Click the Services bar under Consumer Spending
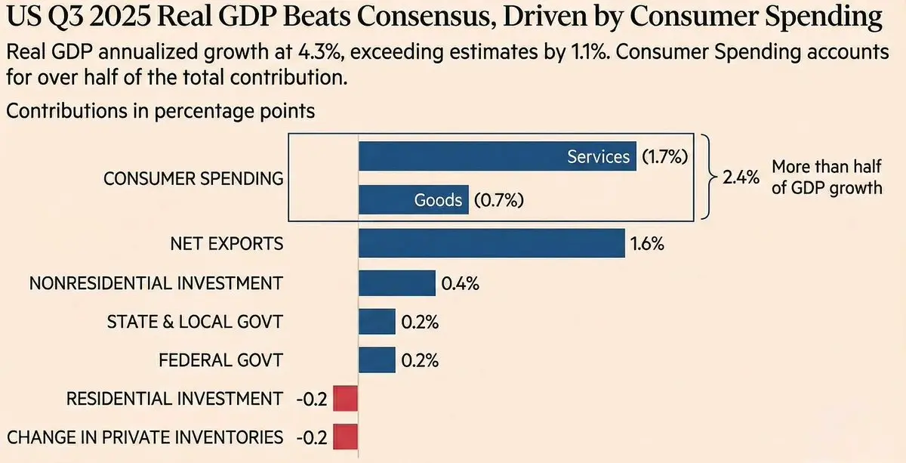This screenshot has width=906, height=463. (497, 156)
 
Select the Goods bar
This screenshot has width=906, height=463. (413, 200)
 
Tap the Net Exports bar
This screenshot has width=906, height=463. (492, 244)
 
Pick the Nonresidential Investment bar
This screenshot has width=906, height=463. (396, 283)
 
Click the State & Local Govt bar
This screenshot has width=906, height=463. (377, 322)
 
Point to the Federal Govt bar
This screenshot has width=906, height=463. (377, 360)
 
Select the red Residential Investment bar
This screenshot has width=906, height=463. (344, 399)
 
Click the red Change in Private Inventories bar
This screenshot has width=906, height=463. (344, 437)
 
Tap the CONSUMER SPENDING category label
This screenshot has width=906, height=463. (193, 179)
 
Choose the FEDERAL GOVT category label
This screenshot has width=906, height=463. (220, 360)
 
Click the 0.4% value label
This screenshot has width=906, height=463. (459, 284)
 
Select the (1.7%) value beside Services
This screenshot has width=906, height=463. (665, 157)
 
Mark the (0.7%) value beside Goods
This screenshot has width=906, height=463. (499, 201)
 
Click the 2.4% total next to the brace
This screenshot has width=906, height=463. (741, 180)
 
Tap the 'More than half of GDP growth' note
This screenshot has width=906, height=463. (826, 177)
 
